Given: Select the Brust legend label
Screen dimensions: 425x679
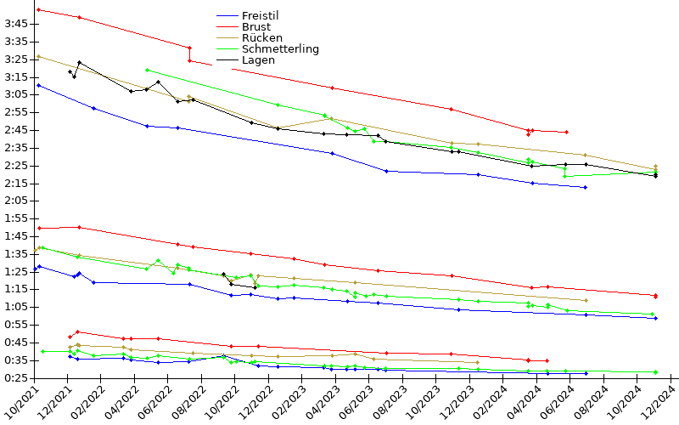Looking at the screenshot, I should (255, 27).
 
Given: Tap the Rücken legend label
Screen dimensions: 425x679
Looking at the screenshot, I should (261, 38).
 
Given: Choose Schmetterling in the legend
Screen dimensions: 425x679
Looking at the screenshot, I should (280, 49).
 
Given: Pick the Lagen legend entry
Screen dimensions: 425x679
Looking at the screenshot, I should (258, 60).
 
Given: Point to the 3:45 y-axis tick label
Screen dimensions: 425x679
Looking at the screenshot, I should (16, 24).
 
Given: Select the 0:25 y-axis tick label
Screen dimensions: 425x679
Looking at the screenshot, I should (16, 377).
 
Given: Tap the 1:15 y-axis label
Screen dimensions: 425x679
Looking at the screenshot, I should (16, 289).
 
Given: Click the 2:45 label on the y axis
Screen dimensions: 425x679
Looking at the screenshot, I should (16, 130).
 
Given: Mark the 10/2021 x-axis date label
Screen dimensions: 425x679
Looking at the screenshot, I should (21, 403).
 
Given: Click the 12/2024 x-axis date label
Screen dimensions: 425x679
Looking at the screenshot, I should (659, 403).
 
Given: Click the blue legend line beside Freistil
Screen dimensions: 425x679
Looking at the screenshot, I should (227, 16).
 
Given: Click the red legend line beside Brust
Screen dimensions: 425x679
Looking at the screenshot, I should (227, 27).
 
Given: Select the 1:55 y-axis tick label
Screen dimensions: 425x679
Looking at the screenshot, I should (16, 218).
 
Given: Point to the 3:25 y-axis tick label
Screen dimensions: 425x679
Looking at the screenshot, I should (16, 59).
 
